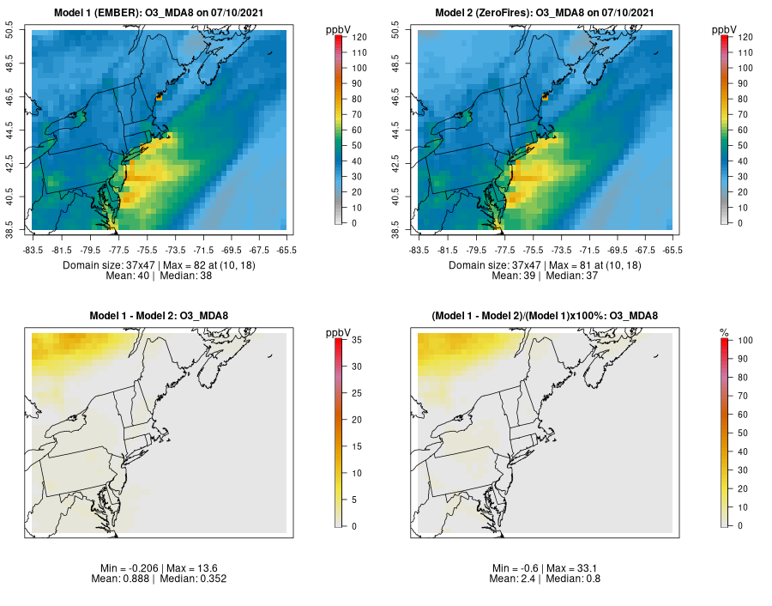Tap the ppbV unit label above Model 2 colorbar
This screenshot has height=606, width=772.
(725, 30)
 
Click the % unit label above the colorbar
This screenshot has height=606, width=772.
(724, 332)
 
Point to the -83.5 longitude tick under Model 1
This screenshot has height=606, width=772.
(33, 250)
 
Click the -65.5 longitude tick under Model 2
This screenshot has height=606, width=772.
(672, 250)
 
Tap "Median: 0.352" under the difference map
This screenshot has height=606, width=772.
(186, 579)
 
